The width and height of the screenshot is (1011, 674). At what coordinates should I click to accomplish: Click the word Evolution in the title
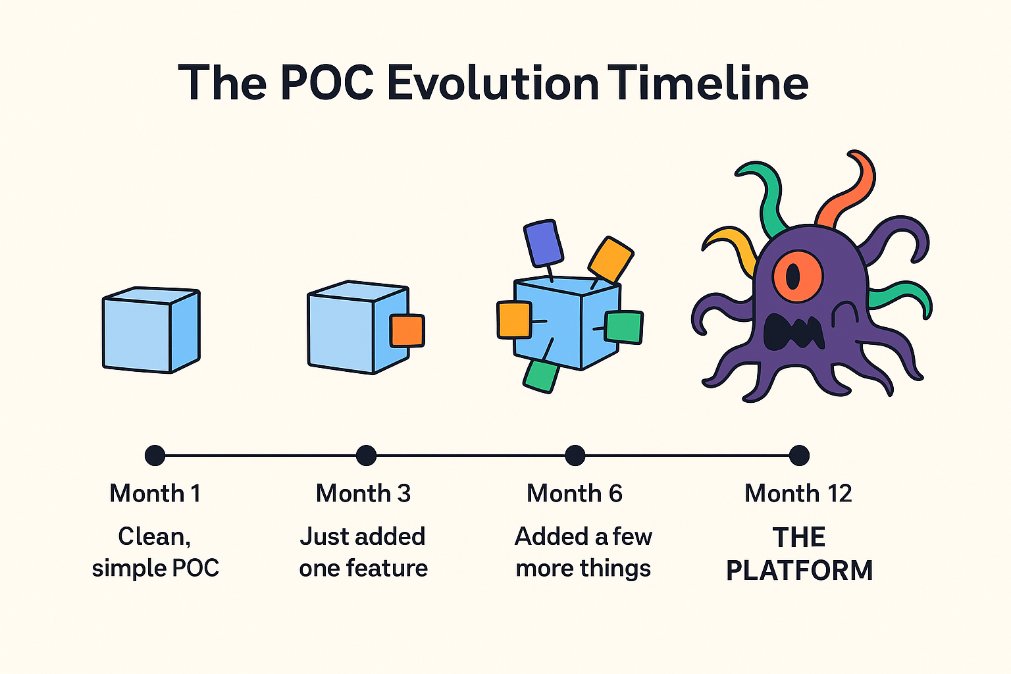(492, 84)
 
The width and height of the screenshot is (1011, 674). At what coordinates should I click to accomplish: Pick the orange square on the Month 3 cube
(406, 330)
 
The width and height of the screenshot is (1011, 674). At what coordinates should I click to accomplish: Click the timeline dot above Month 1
(155, 455)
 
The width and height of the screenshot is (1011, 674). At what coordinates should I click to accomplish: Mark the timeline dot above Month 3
(366, 455)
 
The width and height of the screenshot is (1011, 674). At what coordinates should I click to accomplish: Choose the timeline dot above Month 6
(575, 455)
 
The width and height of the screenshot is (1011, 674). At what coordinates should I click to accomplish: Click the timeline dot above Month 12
(799, 455)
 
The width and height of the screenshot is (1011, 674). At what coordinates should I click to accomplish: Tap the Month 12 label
(798, 494)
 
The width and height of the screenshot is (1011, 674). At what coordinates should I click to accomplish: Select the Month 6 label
(574, 494)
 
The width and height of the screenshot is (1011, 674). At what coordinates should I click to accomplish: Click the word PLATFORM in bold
(799, 571)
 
